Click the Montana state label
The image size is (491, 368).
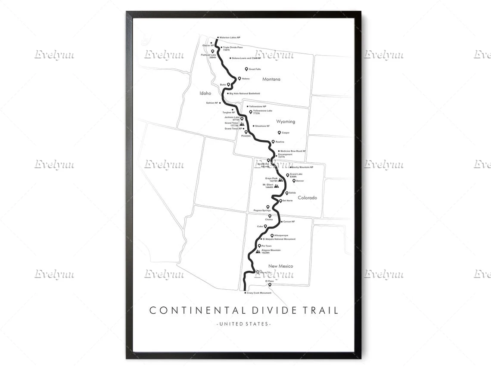[x=271, y=79]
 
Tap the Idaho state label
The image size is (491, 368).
[x=205, y=93]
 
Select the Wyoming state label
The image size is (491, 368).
[x=286, y=122]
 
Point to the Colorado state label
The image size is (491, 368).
[x=307, y=198]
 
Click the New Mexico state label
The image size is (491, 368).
[x=280, y=266]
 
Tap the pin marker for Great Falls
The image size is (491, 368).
[x=246, y=69]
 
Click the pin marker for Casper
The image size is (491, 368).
[x=279, y=133]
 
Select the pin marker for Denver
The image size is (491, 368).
[x=294, y=181]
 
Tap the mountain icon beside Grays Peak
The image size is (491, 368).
[x=280, y=180]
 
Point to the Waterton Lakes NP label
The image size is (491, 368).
[x=230, y=38]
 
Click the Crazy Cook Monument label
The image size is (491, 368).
[x=259, y=293]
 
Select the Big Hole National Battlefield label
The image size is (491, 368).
[x=244, y=93]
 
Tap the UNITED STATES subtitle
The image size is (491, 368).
[x=244, y=324]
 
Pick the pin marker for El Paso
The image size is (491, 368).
[x=270, y=285]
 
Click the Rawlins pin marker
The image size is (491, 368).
[x=273, y=141]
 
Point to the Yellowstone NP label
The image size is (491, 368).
[x=258, y=106]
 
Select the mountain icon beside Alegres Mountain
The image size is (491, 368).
[x=258, y=251]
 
